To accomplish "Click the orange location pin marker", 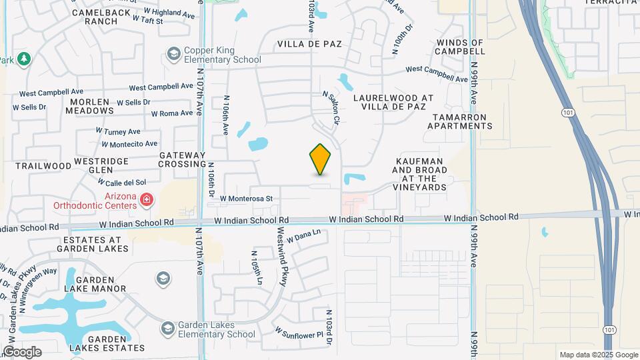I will (321, 159).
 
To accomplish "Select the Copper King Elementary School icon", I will (174, 53).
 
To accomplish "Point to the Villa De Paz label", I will (309, 44).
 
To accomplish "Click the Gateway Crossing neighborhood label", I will (182, 159).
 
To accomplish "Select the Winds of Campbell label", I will (459, 47).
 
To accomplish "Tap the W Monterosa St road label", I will (247, 199).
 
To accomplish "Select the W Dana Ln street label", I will (307, 234).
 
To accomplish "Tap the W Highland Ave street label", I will (157, 12).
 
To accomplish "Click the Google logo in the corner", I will (22, 352).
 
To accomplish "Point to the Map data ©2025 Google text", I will (598, 355).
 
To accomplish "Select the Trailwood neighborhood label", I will (43, 165).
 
